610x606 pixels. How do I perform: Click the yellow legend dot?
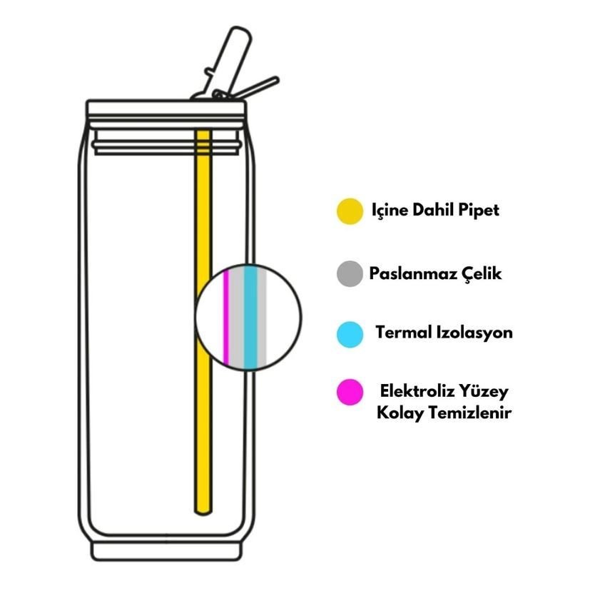click(350, 211)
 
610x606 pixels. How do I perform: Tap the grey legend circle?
click(350, 273)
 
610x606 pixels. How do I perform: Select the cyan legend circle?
click(350, 334)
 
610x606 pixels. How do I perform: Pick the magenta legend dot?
click(350, 392)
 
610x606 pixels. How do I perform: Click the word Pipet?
click(478, 210)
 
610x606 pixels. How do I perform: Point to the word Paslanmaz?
click(413, 273)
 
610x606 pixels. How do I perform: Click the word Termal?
click(403, 333)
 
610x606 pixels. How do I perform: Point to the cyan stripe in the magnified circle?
click(251, 317)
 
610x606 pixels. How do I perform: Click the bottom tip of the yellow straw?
click(203, 513)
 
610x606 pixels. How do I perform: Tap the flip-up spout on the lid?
click(228, 62)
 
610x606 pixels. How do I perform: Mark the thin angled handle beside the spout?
click(257, 88)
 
